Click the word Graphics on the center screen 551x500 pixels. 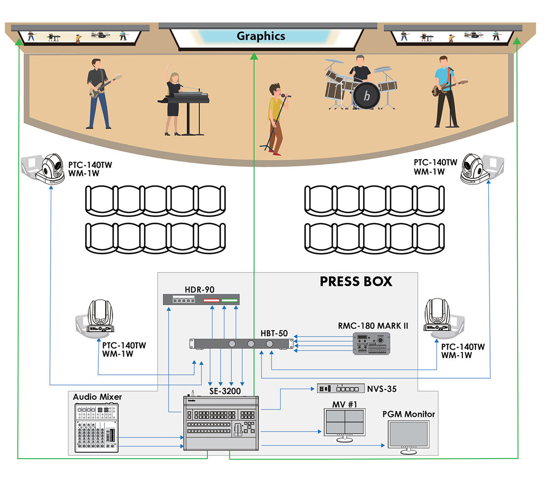[261, 36]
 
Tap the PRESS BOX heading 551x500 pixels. [356, 281]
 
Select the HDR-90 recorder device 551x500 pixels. [202, 299]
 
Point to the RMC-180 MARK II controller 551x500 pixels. [371, 343]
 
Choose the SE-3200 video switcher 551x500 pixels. [221, 423]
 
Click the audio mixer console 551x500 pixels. [96, 427]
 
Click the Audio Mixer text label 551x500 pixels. [97, 396]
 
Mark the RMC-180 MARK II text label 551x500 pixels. [373, 326]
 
